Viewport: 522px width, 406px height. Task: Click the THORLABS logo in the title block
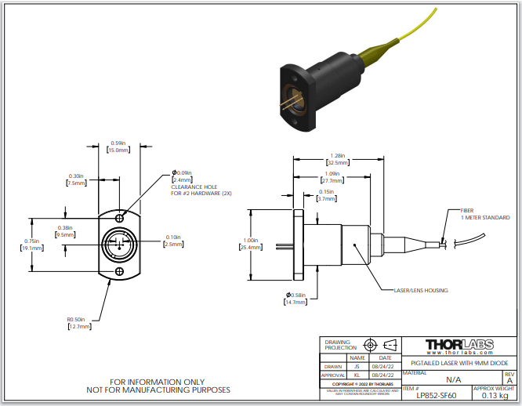tap(459, 346)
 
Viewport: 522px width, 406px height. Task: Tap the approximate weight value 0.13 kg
tap(494, 395)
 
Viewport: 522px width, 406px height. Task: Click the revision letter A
tap(510, 380)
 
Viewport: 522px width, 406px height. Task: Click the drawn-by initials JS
tap(357, 366)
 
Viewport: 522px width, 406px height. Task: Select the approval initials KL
tap(357, 375)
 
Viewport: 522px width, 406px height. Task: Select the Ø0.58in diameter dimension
tap(295, 297)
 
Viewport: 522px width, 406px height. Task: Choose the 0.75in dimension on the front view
tap(31, 244)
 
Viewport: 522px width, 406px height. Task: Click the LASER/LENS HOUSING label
tap(420, 290)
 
